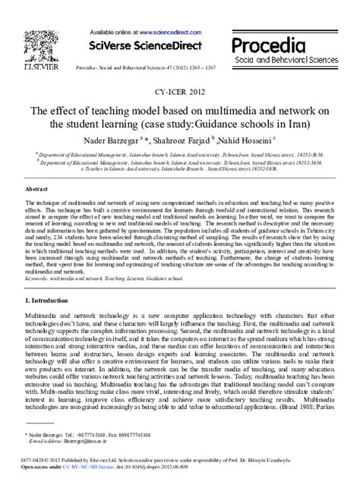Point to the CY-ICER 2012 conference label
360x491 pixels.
(x=180, y=93)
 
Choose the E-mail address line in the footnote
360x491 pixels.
(x=72, y=440)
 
